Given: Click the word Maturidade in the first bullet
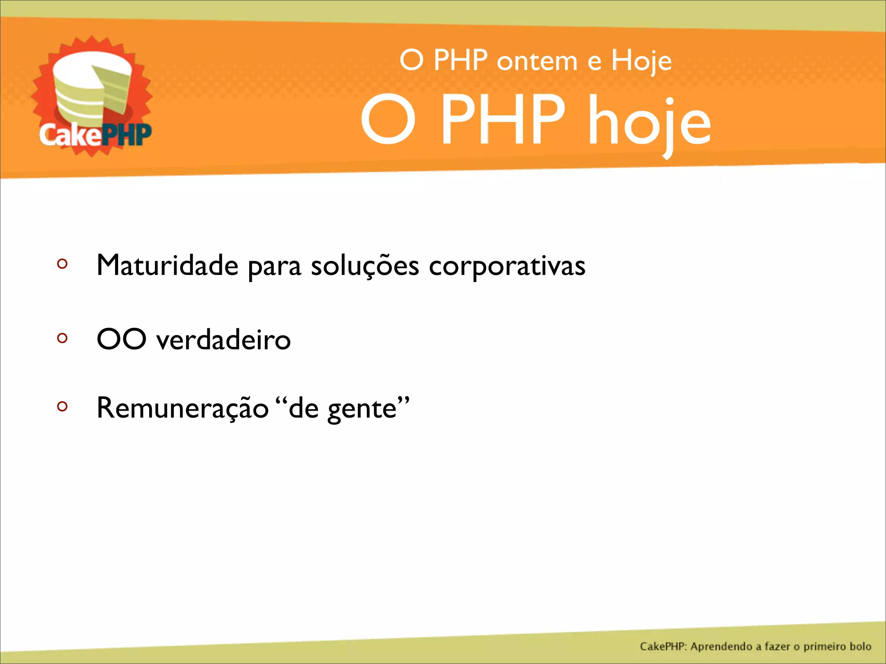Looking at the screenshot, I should (x=167, y=265).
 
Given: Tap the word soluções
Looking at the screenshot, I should (x=365, y=266).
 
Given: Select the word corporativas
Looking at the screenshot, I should (x=507, y=266).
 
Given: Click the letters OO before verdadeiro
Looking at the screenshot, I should (x=121, y=339).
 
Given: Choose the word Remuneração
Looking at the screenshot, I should (x=183, y=408).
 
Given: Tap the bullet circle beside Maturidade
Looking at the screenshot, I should (x=62, y=264).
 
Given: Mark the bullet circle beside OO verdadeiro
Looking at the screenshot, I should (x=62, y=338).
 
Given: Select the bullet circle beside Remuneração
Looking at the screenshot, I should (x=62, y=406).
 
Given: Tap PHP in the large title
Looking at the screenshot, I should (x=503, y=120).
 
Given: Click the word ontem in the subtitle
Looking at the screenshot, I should (x=536, y=61).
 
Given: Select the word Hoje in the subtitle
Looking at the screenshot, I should (x=641, y=61).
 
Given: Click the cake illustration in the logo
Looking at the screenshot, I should (x=92, y=89).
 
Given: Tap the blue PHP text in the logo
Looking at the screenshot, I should (x=126, y=135).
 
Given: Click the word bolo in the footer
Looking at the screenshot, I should (x=860, y=646).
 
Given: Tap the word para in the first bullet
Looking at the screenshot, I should (x=274, y=267).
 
